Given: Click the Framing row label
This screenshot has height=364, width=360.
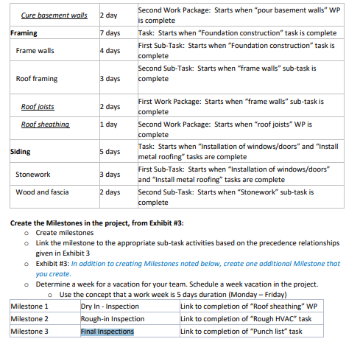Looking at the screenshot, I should click(x=24, y=33).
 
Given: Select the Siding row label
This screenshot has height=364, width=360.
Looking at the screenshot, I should click(x=21, y=152).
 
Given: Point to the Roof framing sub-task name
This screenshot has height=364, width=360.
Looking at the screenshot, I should click(x=36, y=79).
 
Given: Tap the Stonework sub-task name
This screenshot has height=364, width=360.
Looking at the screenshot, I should click(x=33, y=175).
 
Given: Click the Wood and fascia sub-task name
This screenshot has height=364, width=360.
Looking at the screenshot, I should click(x=42, y=192).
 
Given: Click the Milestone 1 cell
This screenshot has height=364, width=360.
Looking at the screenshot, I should click(x=29, y=306).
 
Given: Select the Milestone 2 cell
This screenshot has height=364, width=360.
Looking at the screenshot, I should click(x=29, y=318).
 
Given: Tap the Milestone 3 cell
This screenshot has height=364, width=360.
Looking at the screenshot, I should click(x=29, y=332).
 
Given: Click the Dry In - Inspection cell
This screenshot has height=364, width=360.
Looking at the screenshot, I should click(x=110, y=306).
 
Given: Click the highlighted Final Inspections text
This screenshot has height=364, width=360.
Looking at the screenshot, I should click(x=107, y=332).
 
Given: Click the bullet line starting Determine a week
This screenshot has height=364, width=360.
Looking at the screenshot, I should click(x=177, y=284).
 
